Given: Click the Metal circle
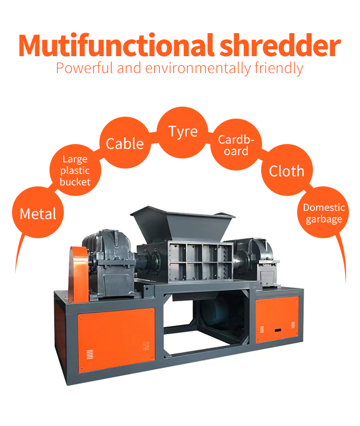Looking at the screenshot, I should click(x=38, y=213).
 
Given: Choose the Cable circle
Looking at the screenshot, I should click(x=124, y=144).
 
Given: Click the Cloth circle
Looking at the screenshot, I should click(x=287, y=171).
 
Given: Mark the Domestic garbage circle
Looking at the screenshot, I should click(x=324, y=213).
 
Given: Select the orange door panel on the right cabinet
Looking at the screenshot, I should click(x=277, y=319).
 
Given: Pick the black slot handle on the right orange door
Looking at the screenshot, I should click(x=277, y=330).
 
